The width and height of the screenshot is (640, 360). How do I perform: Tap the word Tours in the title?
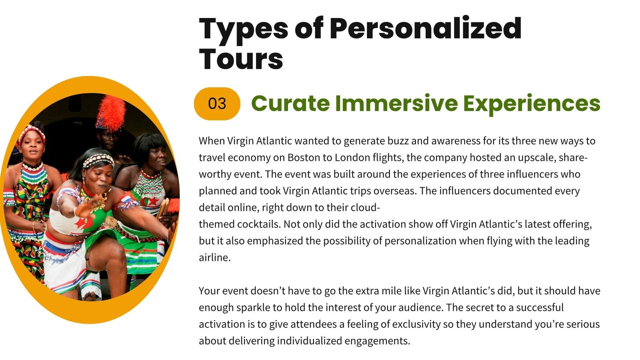pos(241,59)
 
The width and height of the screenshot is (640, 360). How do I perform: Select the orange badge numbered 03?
pos(217,104)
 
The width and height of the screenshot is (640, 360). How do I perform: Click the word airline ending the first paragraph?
pos(214,258)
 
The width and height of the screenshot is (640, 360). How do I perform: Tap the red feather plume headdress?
pos(111,112)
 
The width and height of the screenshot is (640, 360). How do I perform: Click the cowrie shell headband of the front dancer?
pos(98,160)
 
